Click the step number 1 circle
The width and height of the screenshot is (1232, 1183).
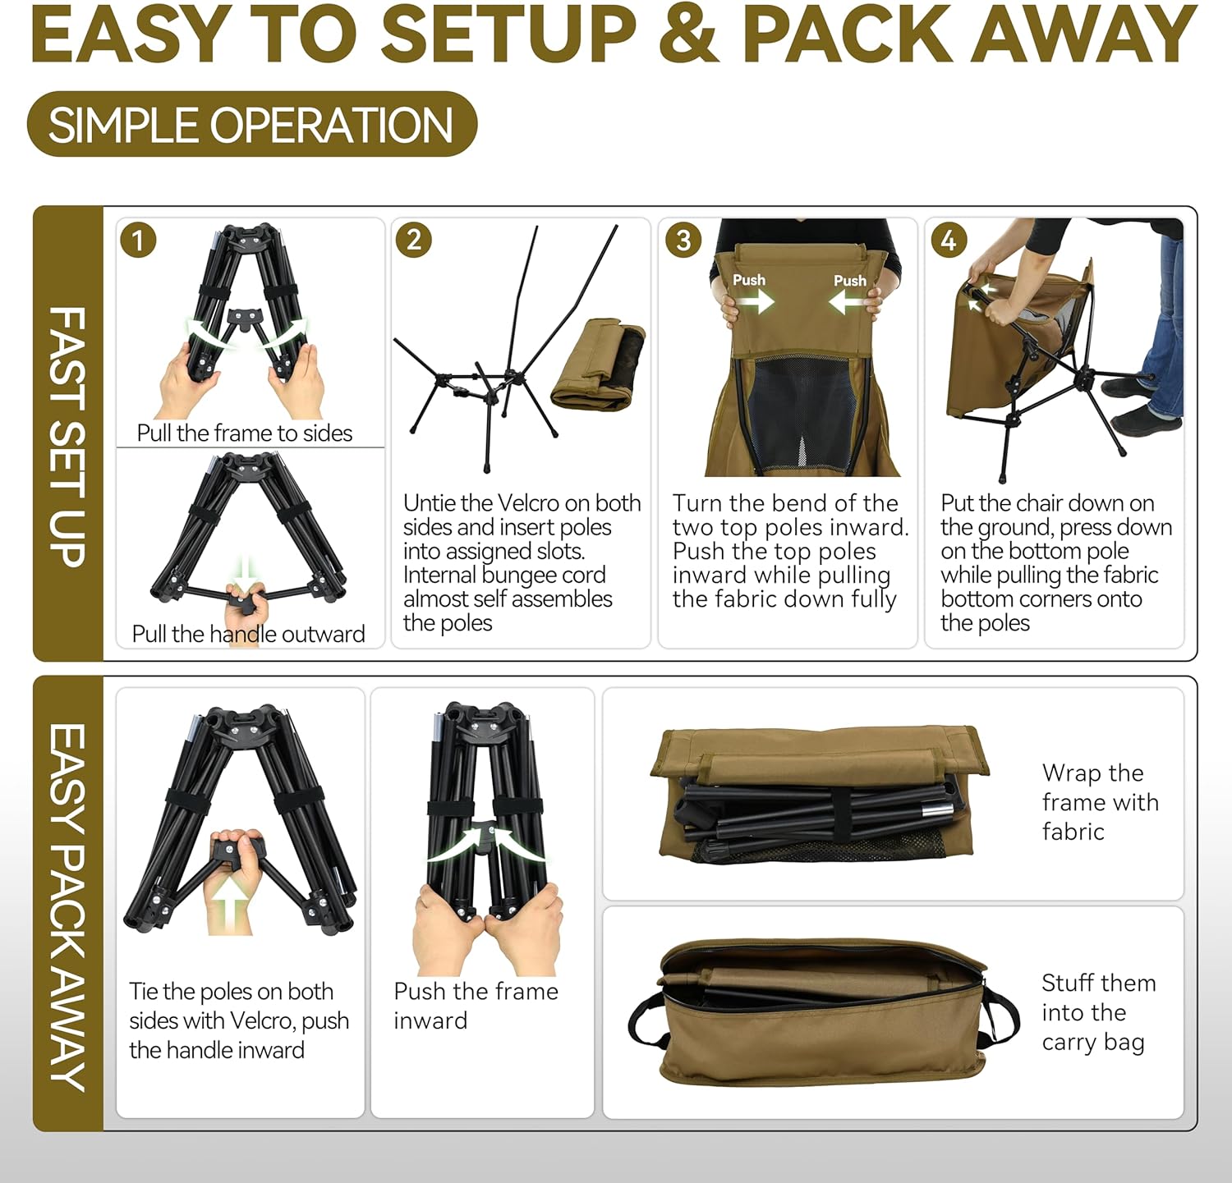(138, 240)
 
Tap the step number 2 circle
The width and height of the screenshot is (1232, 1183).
(413, 240)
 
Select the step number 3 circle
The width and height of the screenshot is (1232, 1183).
(683, 240)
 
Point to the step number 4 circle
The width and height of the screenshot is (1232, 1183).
(949, 240)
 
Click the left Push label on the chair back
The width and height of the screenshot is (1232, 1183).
(749, 280)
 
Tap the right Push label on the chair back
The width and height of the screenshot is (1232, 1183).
(850, 281)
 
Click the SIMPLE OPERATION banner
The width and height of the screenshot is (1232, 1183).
(252, 125)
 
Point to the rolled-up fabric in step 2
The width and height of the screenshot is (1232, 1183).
(598, 365)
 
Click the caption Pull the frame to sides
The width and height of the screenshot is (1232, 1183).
(245, 433)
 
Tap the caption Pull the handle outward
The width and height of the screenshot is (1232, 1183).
(248, 634)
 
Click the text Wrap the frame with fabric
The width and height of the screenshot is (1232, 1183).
(1100, 802)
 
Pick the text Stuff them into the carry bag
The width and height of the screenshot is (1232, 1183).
(1099, 1012)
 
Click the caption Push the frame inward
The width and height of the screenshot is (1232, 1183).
(476, 1006)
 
